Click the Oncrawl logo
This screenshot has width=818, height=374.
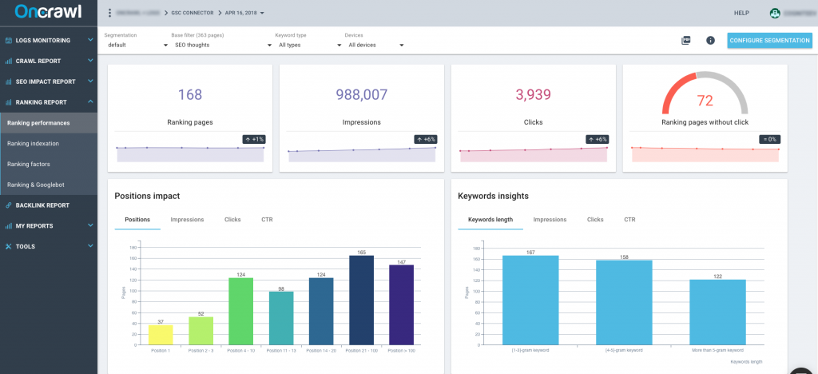pos(48,12)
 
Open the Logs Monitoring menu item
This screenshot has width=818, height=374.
pos(48,40)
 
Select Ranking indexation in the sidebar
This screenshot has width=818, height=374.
pos(33,144)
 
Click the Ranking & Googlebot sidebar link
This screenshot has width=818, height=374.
pos(35,185)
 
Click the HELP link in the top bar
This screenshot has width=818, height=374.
pos(741,13)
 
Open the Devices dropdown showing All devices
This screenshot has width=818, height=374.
pos(375,45)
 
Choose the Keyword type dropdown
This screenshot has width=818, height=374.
pos(304,45)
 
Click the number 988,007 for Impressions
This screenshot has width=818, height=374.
pos(362,95)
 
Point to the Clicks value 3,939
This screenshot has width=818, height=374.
pos(533,95)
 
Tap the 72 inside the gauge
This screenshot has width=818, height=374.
pos(705,101)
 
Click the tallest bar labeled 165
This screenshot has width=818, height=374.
pos(361,300)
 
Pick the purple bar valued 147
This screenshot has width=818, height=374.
pos(401,304)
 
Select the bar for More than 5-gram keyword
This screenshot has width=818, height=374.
pos(717,312)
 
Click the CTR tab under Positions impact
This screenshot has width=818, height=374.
pos(267,219)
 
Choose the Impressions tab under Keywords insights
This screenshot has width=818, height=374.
pos(550,219)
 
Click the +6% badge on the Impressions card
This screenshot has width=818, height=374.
pos(425,139)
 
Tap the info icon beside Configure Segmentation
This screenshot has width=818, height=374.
pos(710,40)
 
